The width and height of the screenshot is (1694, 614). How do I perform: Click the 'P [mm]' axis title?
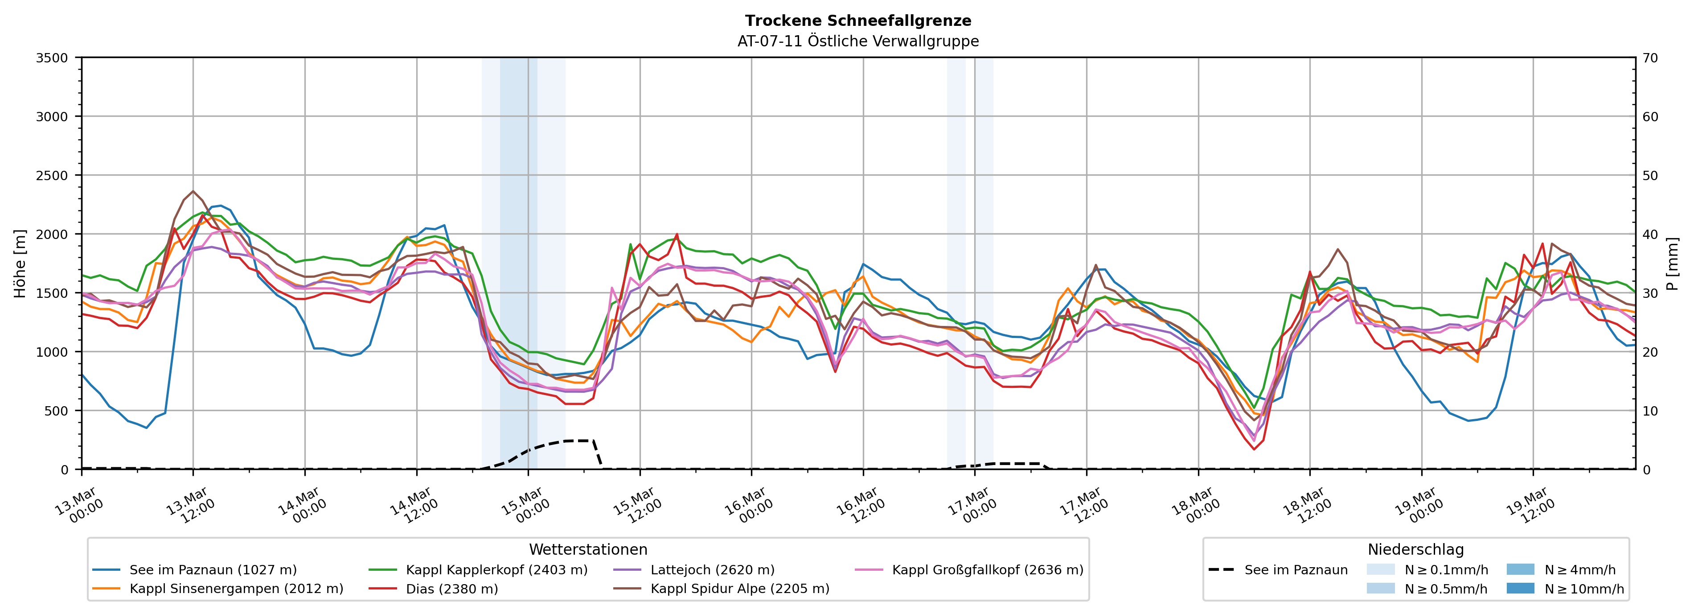pyautogui.click(x=1672, y=263)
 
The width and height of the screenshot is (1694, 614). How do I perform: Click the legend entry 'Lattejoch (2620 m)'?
pyautogui.click(x=712, y=570)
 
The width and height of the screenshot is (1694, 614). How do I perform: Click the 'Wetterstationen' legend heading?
pyautogui.click(x=588, y=549)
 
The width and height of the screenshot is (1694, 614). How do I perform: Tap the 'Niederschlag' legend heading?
pyautogui.click(x=1415, y=549)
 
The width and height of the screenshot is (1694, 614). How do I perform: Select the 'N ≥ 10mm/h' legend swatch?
pyautogui.click(x=1520, y=588)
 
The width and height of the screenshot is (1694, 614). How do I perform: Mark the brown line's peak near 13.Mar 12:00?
pyautogui.click(x=193, y=191)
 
